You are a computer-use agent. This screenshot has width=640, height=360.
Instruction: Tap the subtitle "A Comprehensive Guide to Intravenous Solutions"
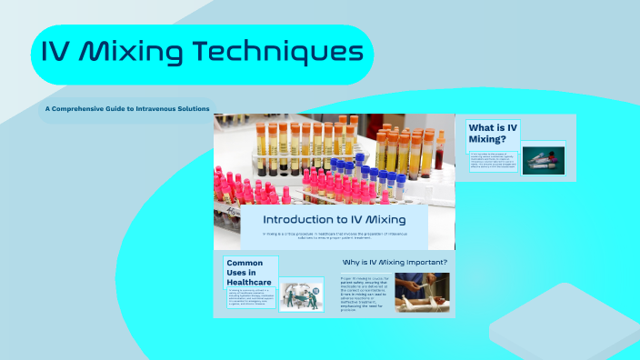click(127, 109)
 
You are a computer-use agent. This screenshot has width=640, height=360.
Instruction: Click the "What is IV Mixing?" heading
click(494, 134)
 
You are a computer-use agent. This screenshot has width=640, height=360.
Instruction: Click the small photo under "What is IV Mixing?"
click(544, 159)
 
